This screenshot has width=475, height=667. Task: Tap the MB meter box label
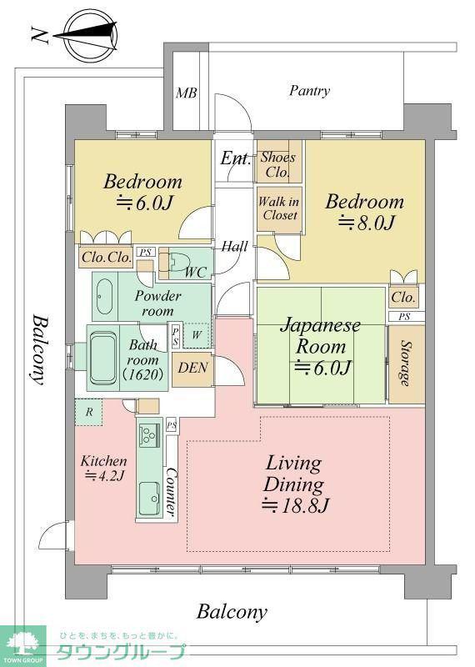pyautogui.click(x=187, y=93)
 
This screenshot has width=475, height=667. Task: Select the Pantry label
pyautogui.click(x=309, y=91)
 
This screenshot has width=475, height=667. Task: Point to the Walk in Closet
pyautogui.click(x=279, y=209)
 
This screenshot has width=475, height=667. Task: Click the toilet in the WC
pyautogui.click(x=178, y=262)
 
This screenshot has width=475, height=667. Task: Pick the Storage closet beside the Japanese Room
pyautogui.click(x=407, y=364)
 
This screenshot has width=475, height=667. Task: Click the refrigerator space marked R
pyautogui.click(x=89, y=412)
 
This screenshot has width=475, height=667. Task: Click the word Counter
pyautogui.click(x=171, y=491)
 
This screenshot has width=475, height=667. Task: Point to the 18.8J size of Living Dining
pyautogui.click(x=295, y=505)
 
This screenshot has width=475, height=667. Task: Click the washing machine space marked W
pyautogui.click(x=197, y=335)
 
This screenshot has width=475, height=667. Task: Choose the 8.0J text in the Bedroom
pyautogui.click(x=367, y=222)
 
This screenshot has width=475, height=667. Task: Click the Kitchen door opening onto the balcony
pyautogui.click(x=55, y=535)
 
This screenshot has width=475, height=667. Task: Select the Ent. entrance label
pyautogui.click(x=236, y=158)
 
